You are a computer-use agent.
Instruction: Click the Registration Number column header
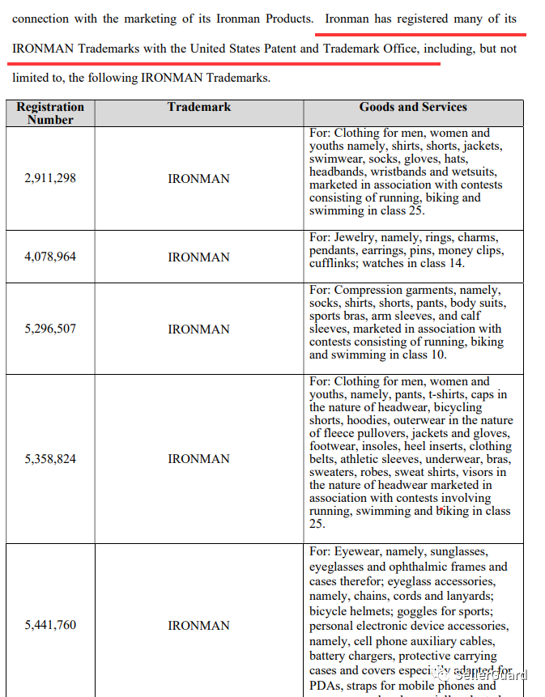pos(50,113)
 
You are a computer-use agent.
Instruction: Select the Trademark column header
pos(199,107)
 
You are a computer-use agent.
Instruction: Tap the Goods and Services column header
pos(413,107)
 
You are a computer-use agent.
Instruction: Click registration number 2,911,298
pos(50,178)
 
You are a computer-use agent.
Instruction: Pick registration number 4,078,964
pos(50,257)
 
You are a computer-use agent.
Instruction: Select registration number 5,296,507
pos(50,329)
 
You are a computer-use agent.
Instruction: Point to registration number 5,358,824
pos(50,459)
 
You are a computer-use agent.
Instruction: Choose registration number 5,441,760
pos(50,626)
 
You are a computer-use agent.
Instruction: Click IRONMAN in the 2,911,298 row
pos(198,179)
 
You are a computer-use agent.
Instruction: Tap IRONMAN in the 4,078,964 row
pos(198,257)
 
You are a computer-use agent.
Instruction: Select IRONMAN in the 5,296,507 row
pos(198,329)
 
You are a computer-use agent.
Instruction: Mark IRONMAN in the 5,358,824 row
pos(198,459)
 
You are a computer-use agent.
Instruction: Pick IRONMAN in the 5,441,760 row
pos(198,626)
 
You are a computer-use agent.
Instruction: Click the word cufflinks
pos(332,264)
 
